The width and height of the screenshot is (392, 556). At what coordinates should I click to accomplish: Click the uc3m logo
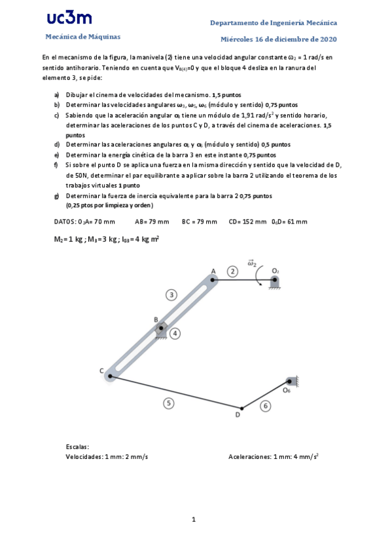(x=69, y=18)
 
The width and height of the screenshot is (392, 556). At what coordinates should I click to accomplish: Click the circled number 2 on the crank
(x=232, y=271)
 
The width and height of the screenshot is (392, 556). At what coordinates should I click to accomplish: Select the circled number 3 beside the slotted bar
(x=171, y=295)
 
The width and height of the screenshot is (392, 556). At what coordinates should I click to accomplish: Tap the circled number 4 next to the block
(x=175, y=334)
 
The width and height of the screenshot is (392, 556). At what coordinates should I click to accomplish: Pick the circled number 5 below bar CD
(x=169, y=403)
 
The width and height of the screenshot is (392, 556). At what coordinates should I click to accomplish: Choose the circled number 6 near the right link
(x=265, y=407)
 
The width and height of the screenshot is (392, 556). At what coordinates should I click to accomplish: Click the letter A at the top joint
(x=213, y=270)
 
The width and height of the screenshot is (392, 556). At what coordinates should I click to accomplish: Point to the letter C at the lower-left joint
(x=102, y=371)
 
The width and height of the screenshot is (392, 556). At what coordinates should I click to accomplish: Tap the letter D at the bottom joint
(x=238, y=415)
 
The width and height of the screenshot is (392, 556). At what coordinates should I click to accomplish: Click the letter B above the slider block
(x=156, y=320)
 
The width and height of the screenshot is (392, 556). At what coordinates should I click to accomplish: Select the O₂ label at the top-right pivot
(x=276, y=271)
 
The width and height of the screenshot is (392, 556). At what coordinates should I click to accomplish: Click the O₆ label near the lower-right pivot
(x=287, y=390)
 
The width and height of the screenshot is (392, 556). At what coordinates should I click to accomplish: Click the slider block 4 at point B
(x=161, y=330)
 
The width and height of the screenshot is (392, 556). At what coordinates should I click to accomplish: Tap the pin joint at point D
(x=240, y=407)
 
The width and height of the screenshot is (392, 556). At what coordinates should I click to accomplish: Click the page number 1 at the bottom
(x=194, y=520)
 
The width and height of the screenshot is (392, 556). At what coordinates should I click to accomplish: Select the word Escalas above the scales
(x=77, y=447)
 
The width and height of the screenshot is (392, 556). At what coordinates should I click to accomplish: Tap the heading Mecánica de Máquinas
(x=83, y=37)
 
